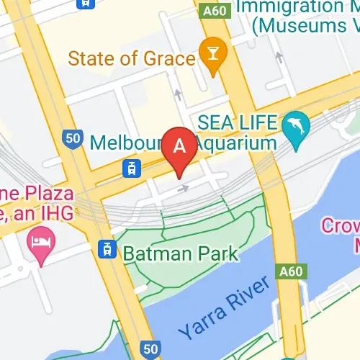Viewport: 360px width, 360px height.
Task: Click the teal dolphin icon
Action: click(295, 125)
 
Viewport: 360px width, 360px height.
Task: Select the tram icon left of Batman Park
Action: click(107, 249)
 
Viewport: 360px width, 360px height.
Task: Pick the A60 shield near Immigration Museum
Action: click(213, 12)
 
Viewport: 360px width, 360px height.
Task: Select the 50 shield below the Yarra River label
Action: click(150, 349)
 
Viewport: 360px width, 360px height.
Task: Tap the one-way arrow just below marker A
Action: click(185, 189)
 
